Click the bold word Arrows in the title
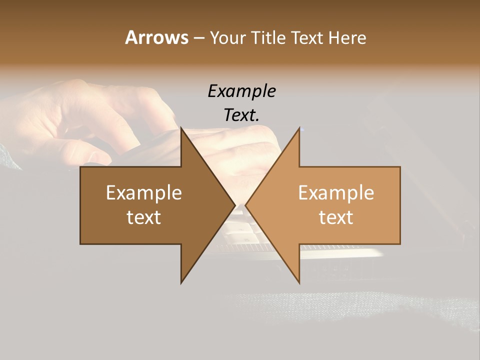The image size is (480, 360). [156, 37]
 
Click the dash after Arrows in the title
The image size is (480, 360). [198, 38]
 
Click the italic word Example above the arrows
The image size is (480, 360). [241, 91]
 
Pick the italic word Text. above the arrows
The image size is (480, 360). [241, 115]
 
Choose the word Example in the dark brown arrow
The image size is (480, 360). [144, 192]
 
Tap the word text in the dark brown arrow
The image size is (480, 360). [144, 217]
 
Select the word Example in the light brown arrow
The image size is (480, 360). [336, 192]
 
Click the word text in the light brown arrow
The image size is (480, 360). [336, 217]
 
